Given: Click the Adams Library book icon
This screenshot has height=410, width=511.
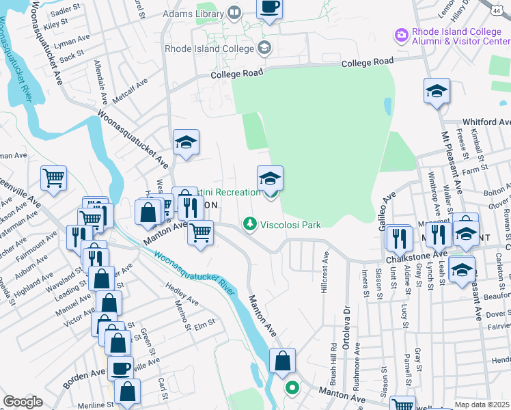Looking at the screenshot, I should [234, 12].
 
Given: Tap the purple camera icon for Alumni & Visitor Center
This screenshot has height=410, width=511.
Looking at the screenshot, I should [401, 34].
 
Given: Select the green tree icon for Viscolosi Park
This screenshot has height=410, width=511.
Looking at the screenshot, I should [251, 224].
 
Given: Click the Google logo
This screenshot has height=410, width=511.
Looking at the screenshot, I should [23, 402].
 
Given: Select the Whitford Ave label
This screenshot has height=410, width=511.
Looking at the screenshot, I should [486, 122].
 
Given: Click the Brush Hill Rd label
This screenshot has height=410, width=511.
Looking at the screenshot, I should [333, 358].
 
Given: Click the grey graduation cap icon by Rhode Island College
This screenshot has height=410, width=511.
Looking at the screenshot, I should [264, 48].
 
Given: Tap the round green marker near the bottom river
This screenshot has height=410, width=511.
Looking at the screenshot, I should [292, 388].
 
